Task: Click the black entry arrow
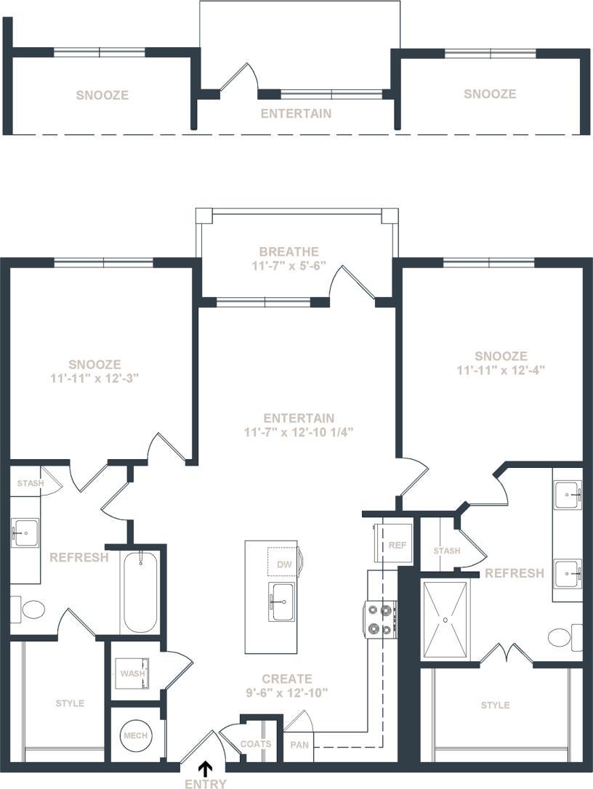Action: pos(206,768)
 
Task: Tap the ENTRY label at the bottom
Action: pos(206,783)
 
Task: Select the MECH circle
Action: pos(136,735)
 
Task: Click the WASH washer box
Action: pos(133,673)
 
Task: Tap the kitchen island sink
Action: pos(282,602)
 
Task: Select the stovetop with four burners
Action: pos(381,620)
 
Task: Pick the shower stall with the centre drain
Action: pos(446,619)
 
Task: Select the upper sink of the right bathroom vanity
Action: pos(568,497)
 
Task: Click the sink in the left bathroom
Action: pos(25,533)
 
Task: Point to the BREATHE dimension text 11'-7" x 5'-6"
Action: pos(289,266)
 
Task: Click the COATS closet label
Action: pos(256,744)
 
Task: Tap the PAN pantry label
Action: pos(299,745)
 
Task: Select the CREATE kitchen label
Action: pos(288,679)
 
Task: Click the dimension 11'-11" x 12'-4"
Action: pos(501,370)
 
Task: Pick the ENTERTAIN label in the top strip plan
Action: pos(296,113)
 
